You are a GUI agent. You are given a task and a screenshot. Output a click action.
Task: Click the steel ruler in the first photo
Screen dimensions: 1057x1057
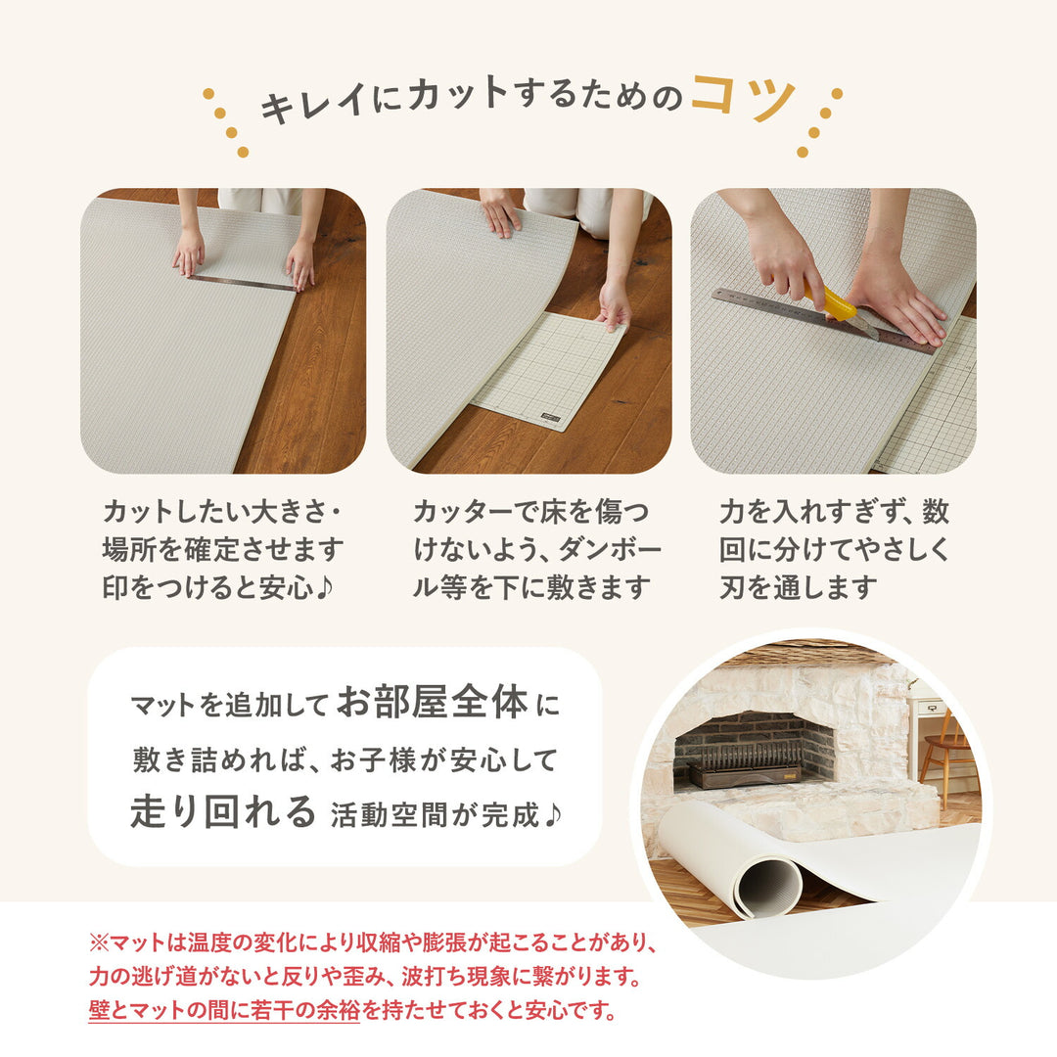[242, 282]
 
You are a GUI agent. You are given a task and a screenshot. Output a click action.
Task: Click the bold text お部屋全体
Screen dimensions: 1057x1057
[433, 703]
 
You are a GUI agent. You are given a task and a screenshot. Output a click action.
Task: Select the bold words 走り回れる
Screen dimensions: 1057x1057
[223, 811]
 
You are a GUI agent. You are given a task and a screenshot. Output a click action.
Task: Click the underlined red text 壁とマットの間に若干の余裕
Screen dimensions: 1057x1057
[224, 1010]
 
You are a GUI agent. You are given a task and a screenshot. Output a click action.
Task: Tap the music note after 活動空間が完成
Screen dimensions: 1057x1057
[552, 814]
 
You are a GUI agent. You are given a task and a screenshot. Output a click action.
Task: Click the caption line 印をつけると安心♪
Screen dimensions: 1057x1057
[223, 587]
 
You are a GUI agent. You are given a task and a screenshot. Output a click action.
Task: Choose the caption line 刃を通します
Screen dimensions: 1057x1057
[797, 587]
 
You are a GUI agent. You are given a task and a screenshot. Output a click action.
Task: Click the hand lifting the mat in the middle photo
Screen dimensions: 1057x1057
[615, 305]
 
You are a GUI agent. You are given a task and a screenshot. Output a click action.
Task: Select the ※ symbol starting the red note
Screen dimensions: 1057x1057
[97, 944]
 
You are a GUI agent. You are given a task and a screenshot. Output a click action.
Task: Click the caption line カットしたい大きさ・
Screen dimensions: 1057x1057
[224, 512]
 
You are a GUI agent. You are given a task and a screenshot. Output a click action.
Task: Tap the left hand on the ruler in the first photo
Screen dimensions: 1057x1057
[188, 252]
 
